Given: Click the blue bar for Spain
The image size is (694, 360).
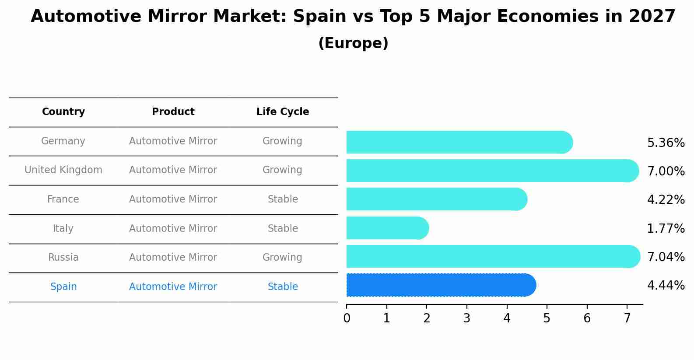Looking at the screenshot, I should [440, 285].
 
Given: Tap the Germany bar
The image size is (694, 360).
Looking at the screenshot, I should [459, 142].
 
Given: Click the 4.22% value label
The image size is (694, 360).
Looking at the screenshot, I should [666, 200].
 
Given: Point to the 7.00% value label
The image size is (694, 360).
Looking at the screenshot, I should [666, 171].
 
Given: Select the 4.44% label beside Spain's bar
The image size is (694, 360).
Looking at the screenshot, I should [666, 286].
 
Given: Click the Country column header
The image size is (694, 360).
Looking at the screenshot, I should [63, 112].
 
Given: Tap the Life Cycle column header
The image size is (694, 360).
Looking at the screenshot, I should [283, 112].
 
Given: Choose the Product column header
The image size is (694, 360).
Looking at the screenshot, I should [173, 112].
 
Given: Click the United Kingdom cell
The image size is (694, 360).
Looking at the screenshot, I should [63, 170].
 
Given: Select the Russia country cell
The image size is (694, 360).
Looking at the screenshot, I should [63, 258].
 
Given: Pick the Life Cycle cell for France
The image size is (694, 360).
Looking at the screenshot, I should [283, 199].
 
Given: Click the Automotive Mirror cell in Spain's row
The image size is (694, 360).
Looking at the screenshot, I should [173, 287].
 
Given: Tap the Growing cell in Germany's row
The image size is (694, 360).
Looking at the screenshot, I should [282, 141].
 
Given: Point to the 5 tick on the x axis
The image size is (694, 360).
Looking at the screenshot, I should [547, 318].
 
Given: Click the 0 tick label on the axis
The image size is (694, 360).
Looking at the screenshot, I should [347, 318].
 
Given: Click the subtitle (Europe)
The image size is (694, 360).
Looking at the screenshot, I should [353, 43].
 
